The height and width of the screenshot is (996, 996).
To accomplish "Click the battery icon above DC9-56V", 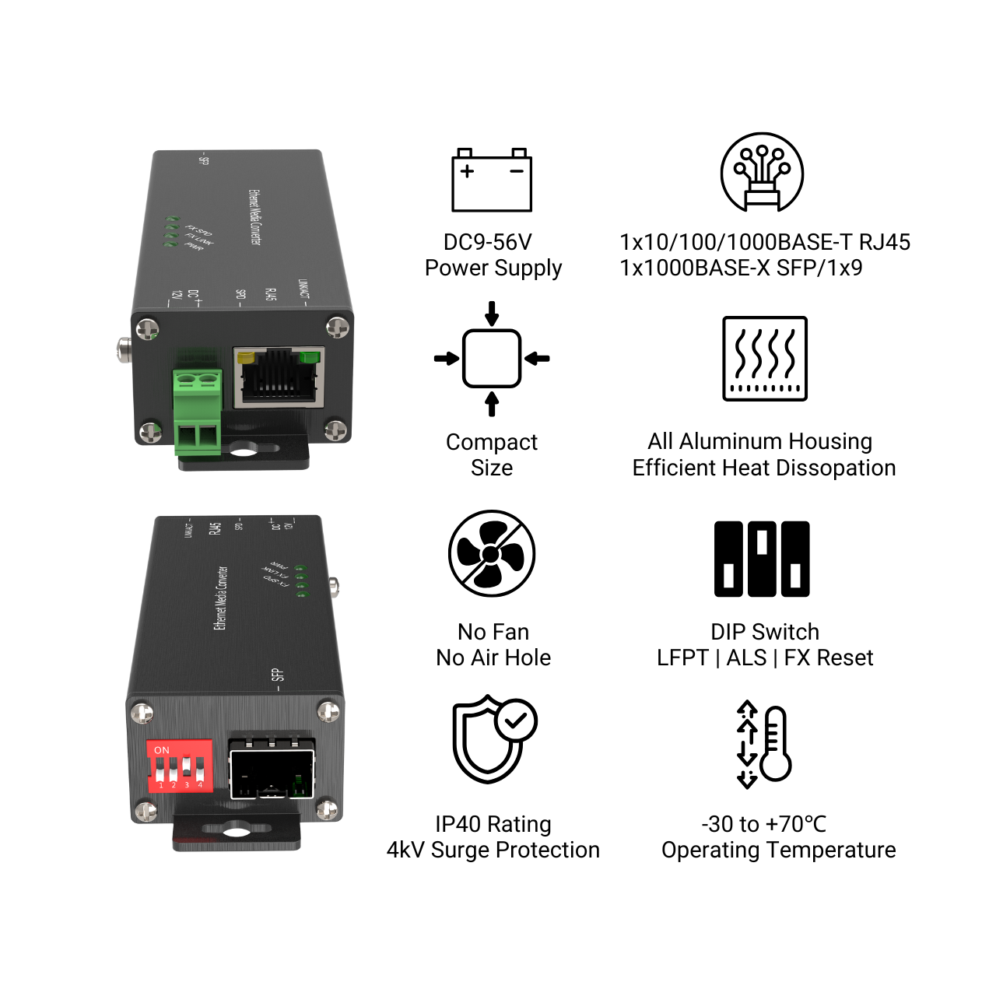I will (492, 181).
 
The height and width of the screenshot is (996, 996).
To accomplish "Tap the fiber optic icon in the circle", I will (762, 173).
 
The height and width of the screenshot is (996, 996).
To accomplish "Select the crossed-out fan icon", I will (492, 553).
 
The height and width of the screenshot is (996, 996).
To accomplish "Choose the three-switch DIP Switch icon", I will (762, 559).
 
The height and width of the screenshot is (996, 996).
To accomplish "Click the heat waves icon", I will (765, 358).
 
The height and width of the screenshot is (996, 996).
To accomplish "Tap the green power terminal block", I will (198, 412).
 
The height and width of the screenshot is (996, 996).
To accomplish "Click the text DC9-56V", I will (488, 242).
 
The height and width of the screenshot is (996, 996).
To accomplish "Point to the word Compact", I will (492, 442).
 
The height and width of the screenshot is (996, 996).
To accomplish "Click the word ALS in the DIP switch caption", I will (746, 658).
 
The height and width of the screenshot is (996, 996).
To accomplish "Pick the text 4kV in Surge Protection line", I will (405, 850).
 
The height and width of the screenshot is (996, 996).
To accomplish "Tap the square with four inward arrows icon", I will (492, 359).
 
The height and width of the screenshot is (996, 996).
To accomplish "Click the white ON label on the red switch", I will (162, 750).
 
